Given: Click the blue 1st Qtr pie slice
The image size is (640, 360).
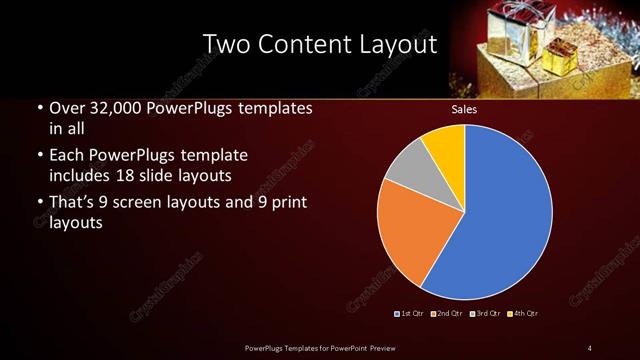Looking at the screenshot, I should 510,215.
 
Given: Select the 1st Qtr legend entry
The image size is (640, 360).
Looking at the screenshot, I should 411,314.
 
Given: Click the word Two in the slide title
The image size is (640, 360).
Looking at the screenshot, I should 226,44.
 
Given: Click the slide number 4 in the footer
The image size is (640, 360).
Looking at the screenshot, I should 589,347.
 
